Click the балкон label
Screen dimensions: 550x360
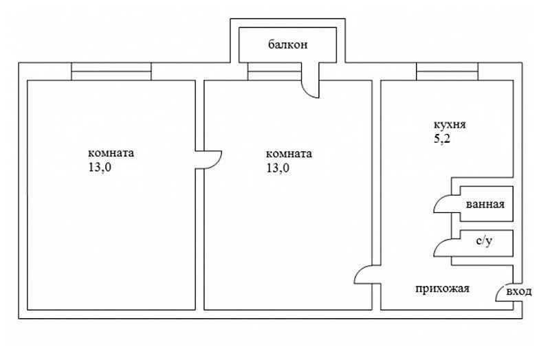pos(287,45)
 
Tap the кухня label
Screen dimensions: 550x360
pos(450,125)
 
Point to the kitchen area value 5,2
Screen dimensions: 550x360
pos(442,139)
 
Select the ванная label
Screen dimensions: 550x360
pos(485,204)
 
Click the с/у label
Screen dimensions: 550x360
pos(484,242)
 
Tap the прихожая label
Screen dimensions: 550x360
pos(442,289)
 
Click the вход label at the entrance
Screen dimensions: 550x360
pos(519,291)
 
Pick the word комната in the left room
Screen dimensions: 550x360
pos(111,153)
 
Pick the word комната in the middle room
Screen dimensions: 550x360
pos(289,154)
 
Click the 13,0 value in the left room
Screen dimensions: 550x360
pos(100,167)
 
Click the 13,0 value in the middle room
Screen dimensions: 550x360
pos(278,168)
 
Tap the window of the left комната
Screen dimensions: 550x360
pos(111,71)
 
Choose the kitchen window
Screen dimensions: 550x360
pos(448,71)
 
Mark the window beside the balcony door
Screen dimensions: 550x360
pos(274,71)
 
